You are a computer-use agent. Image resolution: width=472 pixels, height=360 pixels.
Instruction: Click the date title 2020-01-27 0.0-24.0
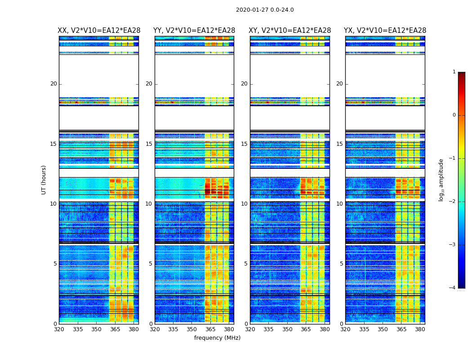pyautogui.click(x=265, y=10)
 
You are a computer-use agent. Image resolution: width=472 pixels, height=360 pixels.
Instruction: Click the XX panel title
pyautogui.click(x=99, y=31)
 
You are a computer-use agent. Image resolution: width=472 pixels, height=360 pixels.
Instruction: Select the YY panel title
pyautogui.click(x=194, y=31)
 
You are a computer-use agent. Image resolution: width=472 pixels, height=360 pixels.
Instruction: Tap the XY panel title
pyautogui.click(x=290, y=31)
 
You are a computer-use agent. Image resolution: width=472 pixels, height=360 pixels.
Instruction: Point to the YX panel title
pyautogui.click(x=385, y=31)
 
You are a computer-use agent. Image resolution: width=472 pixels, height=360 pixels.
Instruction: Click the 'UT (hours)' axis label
pyautogui.click(x=44, y=180)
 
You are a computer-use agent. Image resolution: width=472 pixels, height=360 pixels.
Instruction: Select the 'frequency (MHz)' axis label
pyautogui.click(x=217, y=338)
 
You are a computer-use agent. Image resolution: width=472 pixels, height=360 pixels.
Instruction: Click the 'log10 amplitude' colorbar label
pyautogui.click(x=441, y=180)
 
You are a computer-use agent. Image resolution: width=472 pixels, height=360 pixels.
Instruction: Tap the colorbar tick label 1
pyautogui.click(x=454, y=72)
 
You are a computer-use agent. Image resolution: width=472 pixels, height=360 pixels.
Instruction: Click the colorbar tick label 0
pyautogui.click(x=454, y=115)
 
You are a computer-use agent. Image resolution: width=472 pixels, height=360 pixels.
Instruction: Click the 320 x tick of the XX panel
pyautogui.click(x=59, y=329)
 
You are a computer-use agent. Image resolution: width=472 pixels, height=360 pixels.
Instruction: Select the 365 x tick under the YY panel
pyautogui.click(x=210, y=329)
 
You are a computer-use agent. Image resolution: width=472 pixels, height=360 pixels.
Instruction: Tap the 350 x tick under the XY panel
pyautogui.click(x=287, y=329)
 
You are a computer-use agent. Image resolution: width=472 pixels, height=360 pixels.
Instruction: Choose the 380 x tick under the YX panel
pyautogui.click(x=420, y=329)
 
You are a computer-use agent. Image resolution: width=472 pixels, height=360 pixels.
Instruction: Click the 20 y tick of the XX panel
pyautogui.click(x=53, y=84)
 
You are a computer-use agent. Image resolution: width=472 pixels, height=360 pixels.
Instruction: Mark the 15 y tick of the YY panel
pyautogui.click(x=149, y=144)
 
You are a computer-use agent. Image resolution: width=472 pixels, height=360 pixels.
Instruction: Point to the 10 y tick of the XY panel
pyautogui.click(x=244, y=204)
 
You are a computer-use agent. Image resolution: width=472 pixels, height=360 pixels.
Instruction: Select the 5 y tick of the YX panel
pyautogui.click(x=341, y=264)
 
